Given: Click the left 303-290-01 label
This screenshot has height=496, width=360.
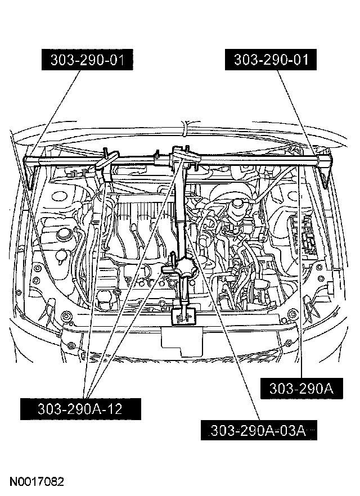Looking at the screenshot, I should coord(89,59).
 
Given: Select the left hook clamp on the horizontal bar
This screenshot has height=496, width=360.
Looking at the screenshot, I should coord(106,161).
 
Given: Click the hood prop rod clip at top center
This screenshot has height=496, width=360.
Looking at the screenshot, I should coord(184,130).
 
